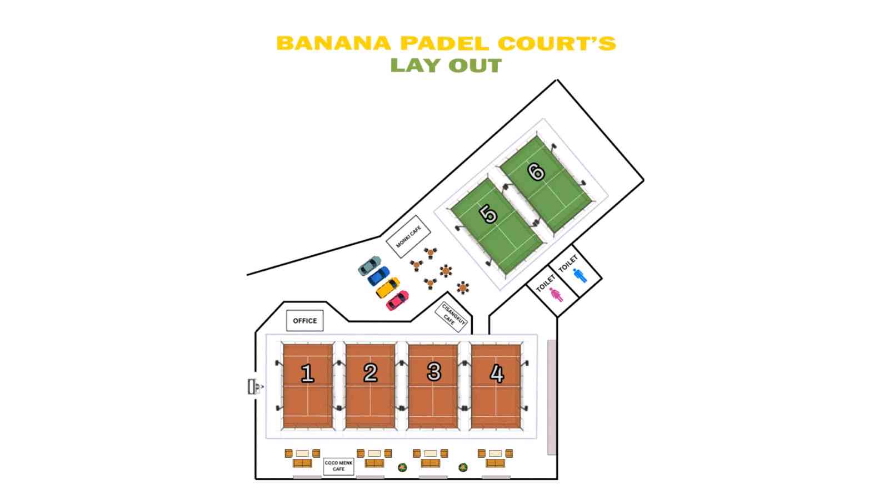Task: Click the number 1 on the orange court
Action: coord(307,373)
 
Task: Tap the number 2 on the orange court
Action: coord(371,372)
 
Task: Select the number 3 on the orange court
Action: coord(434,372)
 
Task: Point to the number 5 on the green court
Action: coord(488,214)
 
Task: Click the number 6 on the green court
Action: coord(536,171)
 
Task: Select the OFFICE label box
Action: coord(304,321)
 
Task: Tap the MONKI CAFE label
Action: coord(409,236)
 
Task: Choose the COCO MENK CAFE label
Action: coord(338,466)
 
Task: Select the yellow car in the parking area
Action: coord(387,287)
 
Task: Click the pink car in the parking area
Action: coord(397,300)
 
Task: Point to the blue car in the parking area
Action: coord(378,276)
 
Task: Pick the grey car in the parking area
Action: coord(369,265)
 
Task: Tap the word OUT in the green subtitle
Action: coord(475,65)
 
